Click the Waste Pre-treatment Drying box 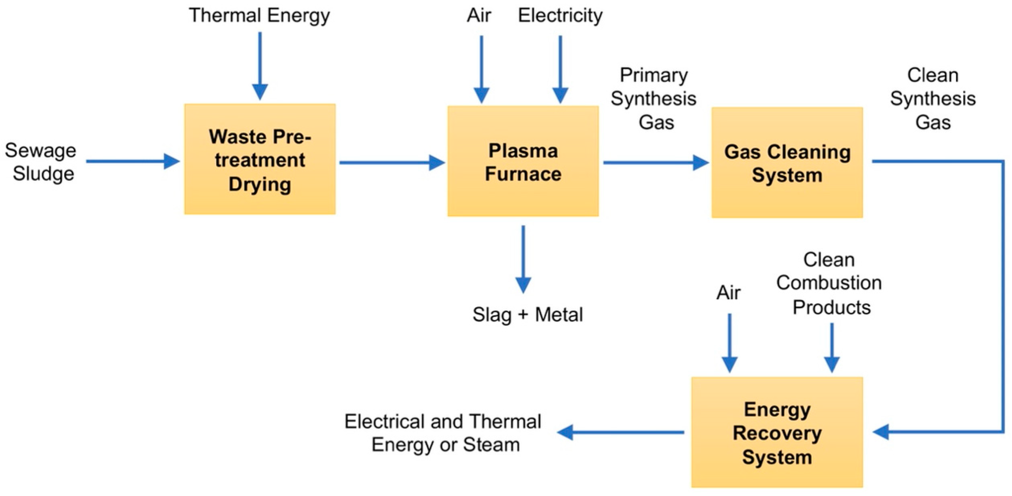[x=260, y=159]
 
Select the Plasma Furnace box [x=523, y=161]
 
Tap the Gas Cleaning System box [x=787, y=162]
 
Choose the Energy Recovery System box [x=777, y=432]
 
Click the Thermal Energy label [x=259, y=16]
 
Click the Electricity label [x=560, y=16]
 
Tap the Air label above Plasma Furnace [x=479, y=16]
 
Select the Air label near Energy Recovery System [x=728, y=292]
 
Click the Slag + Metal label [x=527, y=315]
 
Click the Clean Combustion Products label [x=829, y=283]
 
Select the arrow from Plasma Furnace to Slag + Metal [x=523, y=259]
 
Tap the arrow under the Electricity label [x=560, y=69]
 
